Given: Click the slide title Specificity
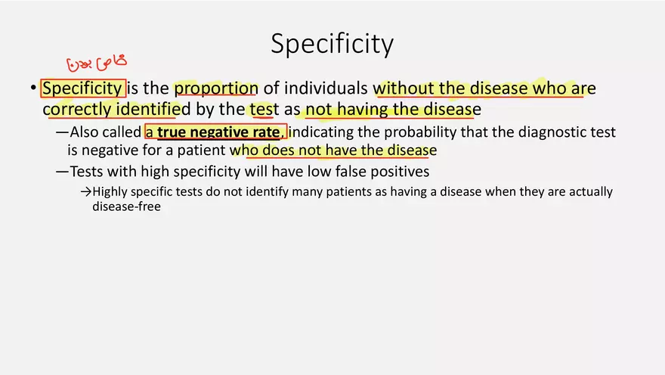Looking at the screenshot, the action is tap(332, 44).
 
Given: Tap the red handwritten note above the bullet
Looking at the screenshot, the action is tap(97, 63).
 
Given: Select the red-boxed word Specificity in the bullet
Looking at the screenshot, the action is tap(83, 88).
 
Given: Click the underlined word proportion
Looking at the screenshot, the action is tap(216, 88).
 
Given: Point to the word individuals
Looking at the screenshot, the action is tap(326, 88).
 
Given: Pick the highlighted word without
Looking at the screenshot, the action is tap(404, 88).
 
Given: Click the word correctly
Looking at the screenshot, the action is tap(77, 110).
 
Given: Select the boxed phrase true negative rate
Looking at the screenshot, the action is tap(218, 132).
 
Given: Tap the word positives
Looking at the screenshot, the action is tap(400, 172).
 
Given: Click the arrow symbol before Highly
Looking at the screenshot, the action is tap(86, 192).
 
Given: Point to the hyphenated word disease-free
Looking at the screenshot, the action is tap(126, 206).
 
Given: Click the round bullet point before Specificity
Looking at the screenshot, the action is tap(33, 88).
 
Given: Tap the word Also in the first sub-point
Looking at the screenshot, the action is tap(84, 132).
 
